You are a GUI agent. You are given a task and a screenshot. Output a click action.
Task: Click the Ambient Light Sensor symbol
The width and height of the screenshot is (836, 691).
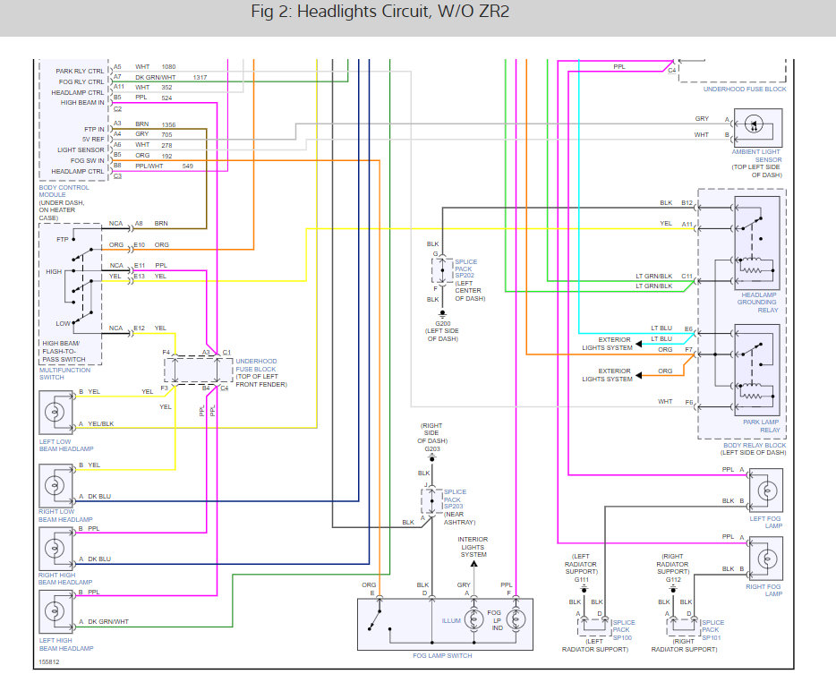pyautogui.click(x=757, y=128)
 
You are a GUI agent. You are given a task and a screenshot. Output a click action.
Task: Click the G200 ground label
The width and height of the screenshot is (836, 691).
pyautogui.click(x=442, y=323)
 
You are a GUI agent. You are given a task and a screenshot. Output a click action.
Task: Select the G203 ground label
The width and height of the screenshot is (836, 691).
pyautogui.click(x=432, y=449)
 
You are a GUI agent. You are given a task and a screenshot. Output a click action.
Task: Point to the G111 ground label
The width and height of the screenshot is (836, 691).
pyautogui.click(x=581, y=580)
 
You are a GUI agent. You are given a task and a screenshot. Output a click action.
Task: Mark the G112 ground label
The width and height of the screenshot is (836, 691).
pyautogui.click(x=673, y=580)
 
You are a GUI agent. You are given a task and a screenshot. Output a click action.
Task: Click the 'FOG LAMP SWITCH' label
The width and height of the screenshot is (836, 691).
pyautogui.click(x=442, y=656)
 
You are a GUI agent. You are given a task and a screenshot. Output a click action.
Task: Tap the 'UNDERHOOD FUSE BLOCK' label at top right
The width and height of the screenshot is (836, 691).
pyautogui.click(x=745, y=89)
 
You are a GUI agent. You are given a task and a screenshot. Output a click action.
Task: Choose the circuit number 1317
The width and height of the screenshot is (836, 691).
pyautogui.click(x=200, y=77)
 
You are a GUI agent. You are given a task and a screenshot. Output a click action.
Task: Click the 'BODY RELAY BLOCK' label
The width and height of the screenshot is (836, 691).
pyautogui.click(x=755, y=445)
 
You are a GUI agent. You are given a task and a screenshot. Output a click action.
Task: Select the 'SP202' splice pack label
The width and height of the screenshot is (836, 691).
pyautogui.click(x=465, y=275)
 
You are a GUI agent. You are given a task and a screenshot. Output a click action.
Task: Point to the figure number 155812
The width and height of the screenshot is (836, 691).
pyautogui.click(x=49, y=661)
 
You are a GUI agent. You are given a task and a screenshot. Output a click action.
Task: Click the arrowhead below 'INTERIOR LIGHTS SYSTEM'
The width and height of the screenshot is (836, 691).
pyautogui.click(x=473, y=564)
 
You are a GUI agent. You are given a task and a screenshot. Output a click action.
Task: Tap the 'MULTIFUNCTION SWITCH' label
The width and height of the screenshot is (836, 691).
pyautogui.click(x=64, y=374)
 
